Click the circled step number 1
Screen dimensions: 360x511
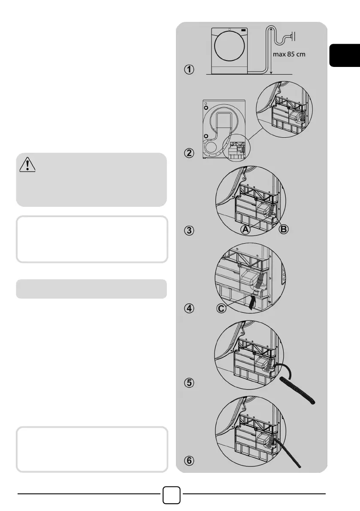point(189,70)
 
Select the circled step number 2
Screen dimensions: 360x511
point(189,153)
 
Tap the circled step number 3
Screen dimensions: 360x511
point(189,230)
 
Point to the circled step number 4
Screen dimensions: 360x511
point(189,308)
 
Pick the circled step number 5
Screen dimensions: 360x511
point(189,382)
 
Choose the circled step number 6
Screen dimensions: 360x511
point(189,460)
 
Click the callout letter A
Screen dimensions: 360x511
point(245,230)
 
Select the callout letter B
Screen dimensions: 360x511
point(284,230)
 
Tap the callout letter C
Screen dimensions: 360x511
point(221,308)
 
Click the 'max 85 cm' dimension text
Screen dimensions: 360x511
point(289,54)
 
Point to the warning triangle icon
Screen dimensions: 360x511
point(27,164)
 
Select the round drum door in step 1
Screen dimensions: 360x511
point(230,46)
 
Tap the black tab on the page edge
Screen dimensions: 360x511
point(345,55)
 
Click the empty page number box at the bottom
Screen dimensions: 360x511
point(171,495)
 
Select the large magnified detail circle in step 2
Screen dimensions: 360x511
point(284,109)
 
